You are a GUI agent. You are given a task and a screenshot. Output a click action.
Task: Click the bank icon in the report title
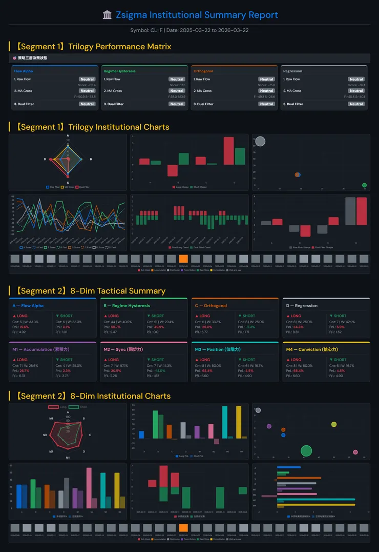pyautogui.click(x=107, y=15)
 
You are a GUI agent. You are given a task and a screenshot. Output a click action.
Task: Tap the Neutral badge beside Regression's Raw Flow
pyautogui.click(x=356, y=80)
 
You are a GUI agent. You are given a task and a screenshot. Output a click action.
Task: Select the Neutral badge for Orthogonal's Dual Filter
pyautogui.click(x=266, y=104)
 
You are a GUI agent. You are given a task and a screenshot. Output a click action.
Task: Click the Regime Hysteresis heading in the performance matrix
pyautogui.click(x=119, y=71)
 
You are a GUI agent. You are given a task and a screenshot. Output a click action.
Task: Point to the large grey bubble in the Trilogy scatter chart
pyautogui.click(x=260, y=141)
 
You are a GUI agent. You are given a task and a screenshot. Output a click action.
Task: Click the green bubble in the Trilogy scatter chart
pyautogui.click(x=364, y=185)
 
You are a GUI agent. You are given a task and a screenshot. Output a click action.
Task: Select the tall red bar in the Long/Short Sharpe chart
pyautogui.click(x=228, y=151)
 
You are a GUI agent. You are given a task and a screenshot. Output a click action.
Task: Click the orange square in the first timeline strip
pyautogui.click(x=183, y=259)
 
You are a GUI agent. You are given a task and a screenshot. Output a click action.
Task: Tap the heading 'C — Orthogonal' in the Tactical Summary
pyautogui.click(x=211, y=306)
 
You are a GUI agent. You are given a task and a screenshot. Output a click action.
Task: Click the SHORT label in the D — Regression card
pyautogui.click(x=339, y=316)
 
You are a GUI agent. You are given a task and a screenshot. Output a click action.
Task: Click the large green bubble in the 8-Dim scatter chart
pyautogui.click(x=306, y=451)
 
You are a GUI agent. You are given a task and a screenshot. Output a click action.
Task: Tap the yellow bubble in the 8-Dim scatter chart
pyautogui.click(x=334, y=424)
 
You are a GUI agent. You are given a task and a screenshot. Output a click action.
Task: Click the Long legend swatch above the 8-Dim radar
pyautogui.click(x=53, y=407)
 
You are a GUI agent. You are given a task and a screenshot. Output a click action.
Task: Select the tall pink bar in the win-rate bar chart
pyautogui.click(x=89, y=488)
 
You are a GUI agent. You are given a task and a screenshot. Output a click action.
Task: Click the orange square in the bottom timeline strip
pyautogui.click(x=183, y=528)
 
